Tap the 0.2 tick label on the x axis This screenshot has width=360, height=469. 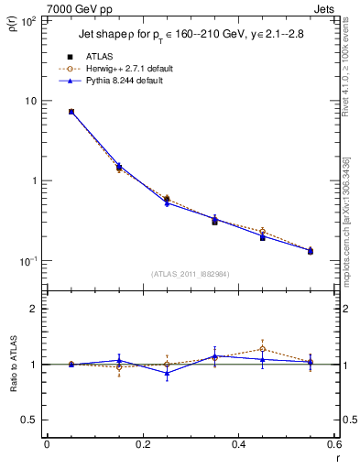click(x=142, y=445)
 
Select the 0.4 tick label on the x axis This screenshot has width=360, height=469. click(x=238, y=445)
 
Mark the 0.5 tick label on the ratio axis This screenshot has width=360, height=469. click(x=30, y=420)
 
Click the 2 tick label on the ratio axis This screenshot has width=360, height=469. click(x=34, y=309)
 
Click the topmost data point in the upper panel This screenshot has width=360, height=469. click(x=71, y=112)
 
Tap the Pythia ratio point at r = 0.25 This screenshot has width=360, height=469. click(x=167, y=373)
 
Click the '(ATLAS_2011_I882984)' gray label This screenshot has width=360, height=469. click(x=190, y=274)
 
